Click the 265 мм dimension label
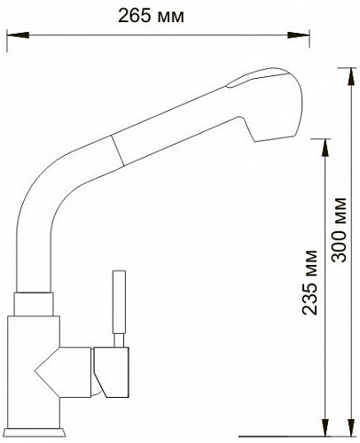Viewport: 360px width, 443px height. [x=151, y=16]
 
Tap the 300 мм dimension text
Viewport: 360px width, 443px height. [x=339, y=229]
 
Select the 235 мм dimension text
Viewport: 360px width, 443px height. [x=309, y=283]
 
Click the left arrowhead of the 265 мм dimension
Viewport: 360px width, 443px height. [x=18, y=35]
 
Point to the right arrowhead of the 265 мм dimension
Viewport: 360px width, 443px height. [x=299, y=35]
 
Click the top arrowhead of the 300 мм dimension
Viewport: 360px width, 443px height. [x=351, y=77]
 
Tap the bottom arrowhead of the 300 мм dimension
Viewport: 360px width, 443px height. [x=351, y=427]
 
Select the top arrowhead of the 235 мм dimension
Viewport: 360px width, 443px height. [x=325, y=147]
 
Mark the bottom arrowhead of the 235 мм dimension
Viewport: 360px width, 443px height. [x=325, y=427]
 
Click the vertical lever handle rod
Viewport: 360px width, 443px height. [x=120, y=302]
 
